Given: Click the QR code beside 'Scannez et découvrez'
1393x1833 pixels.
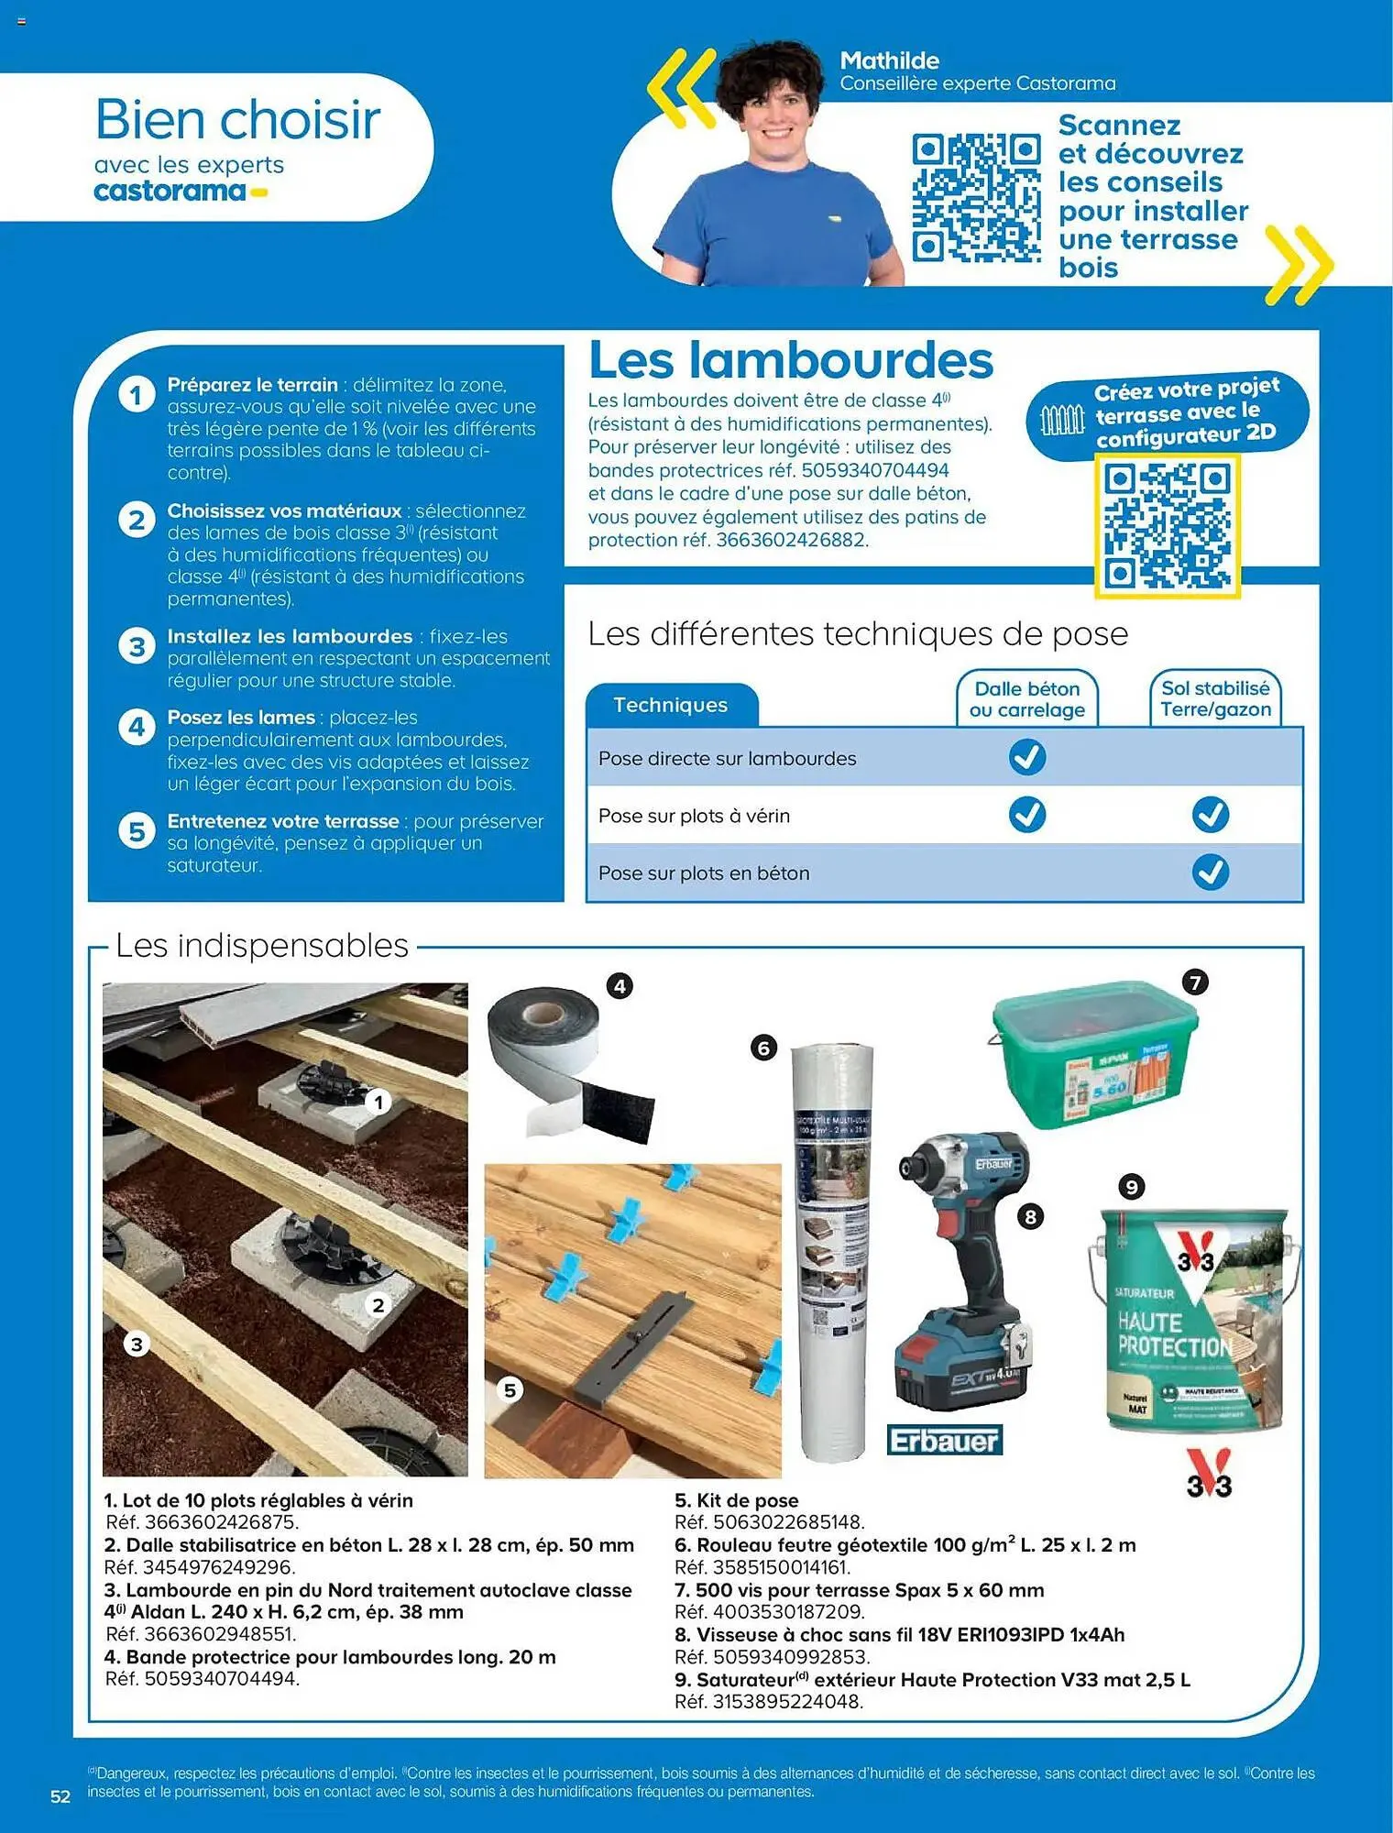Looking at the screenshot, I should pos(976,198).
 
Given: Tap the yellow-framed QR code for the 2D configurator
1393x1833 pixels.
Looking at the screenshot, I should pos(1167,526).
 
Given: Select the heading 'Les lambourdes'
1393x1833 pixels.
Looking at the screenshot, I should pos(791,359).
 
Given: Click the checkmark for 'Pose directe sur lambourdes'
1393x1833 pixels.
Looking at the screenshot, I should pos(1026,758).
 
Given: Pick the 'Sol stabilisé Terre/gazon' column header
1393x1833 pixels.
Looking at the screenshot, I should pos(1215,699).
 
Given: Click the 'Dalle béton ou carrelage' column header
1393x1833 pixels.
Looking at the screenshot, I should pos(1026,699).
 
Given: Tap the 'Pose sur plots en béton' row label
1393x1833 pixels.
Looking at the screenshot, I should pos(704,873).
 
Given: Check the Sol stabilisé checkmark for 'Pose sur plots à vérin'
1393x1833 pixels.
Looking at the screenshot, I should pos(1210,815).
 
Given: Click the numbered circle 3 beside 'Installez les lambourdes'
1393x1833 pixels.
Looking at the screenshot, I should pos(137,647).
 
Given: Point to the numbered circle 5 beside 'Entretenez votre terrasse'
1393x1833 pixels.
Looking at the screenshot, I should pos(137,831).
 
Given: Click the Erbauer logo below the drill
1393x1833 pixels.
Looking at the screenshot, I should pos(944,1441).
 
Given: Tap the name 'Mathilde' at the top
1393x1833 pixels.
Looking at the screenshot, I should pos(889,60).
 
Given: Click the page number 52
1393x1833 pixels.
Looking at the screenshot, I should pos(60,1796).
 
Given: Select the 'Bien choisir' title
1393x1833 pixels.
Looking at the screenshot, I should pos(237,120).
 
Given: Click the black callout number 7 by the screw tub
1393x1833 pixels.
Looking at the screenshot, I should pos(1194,983).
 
